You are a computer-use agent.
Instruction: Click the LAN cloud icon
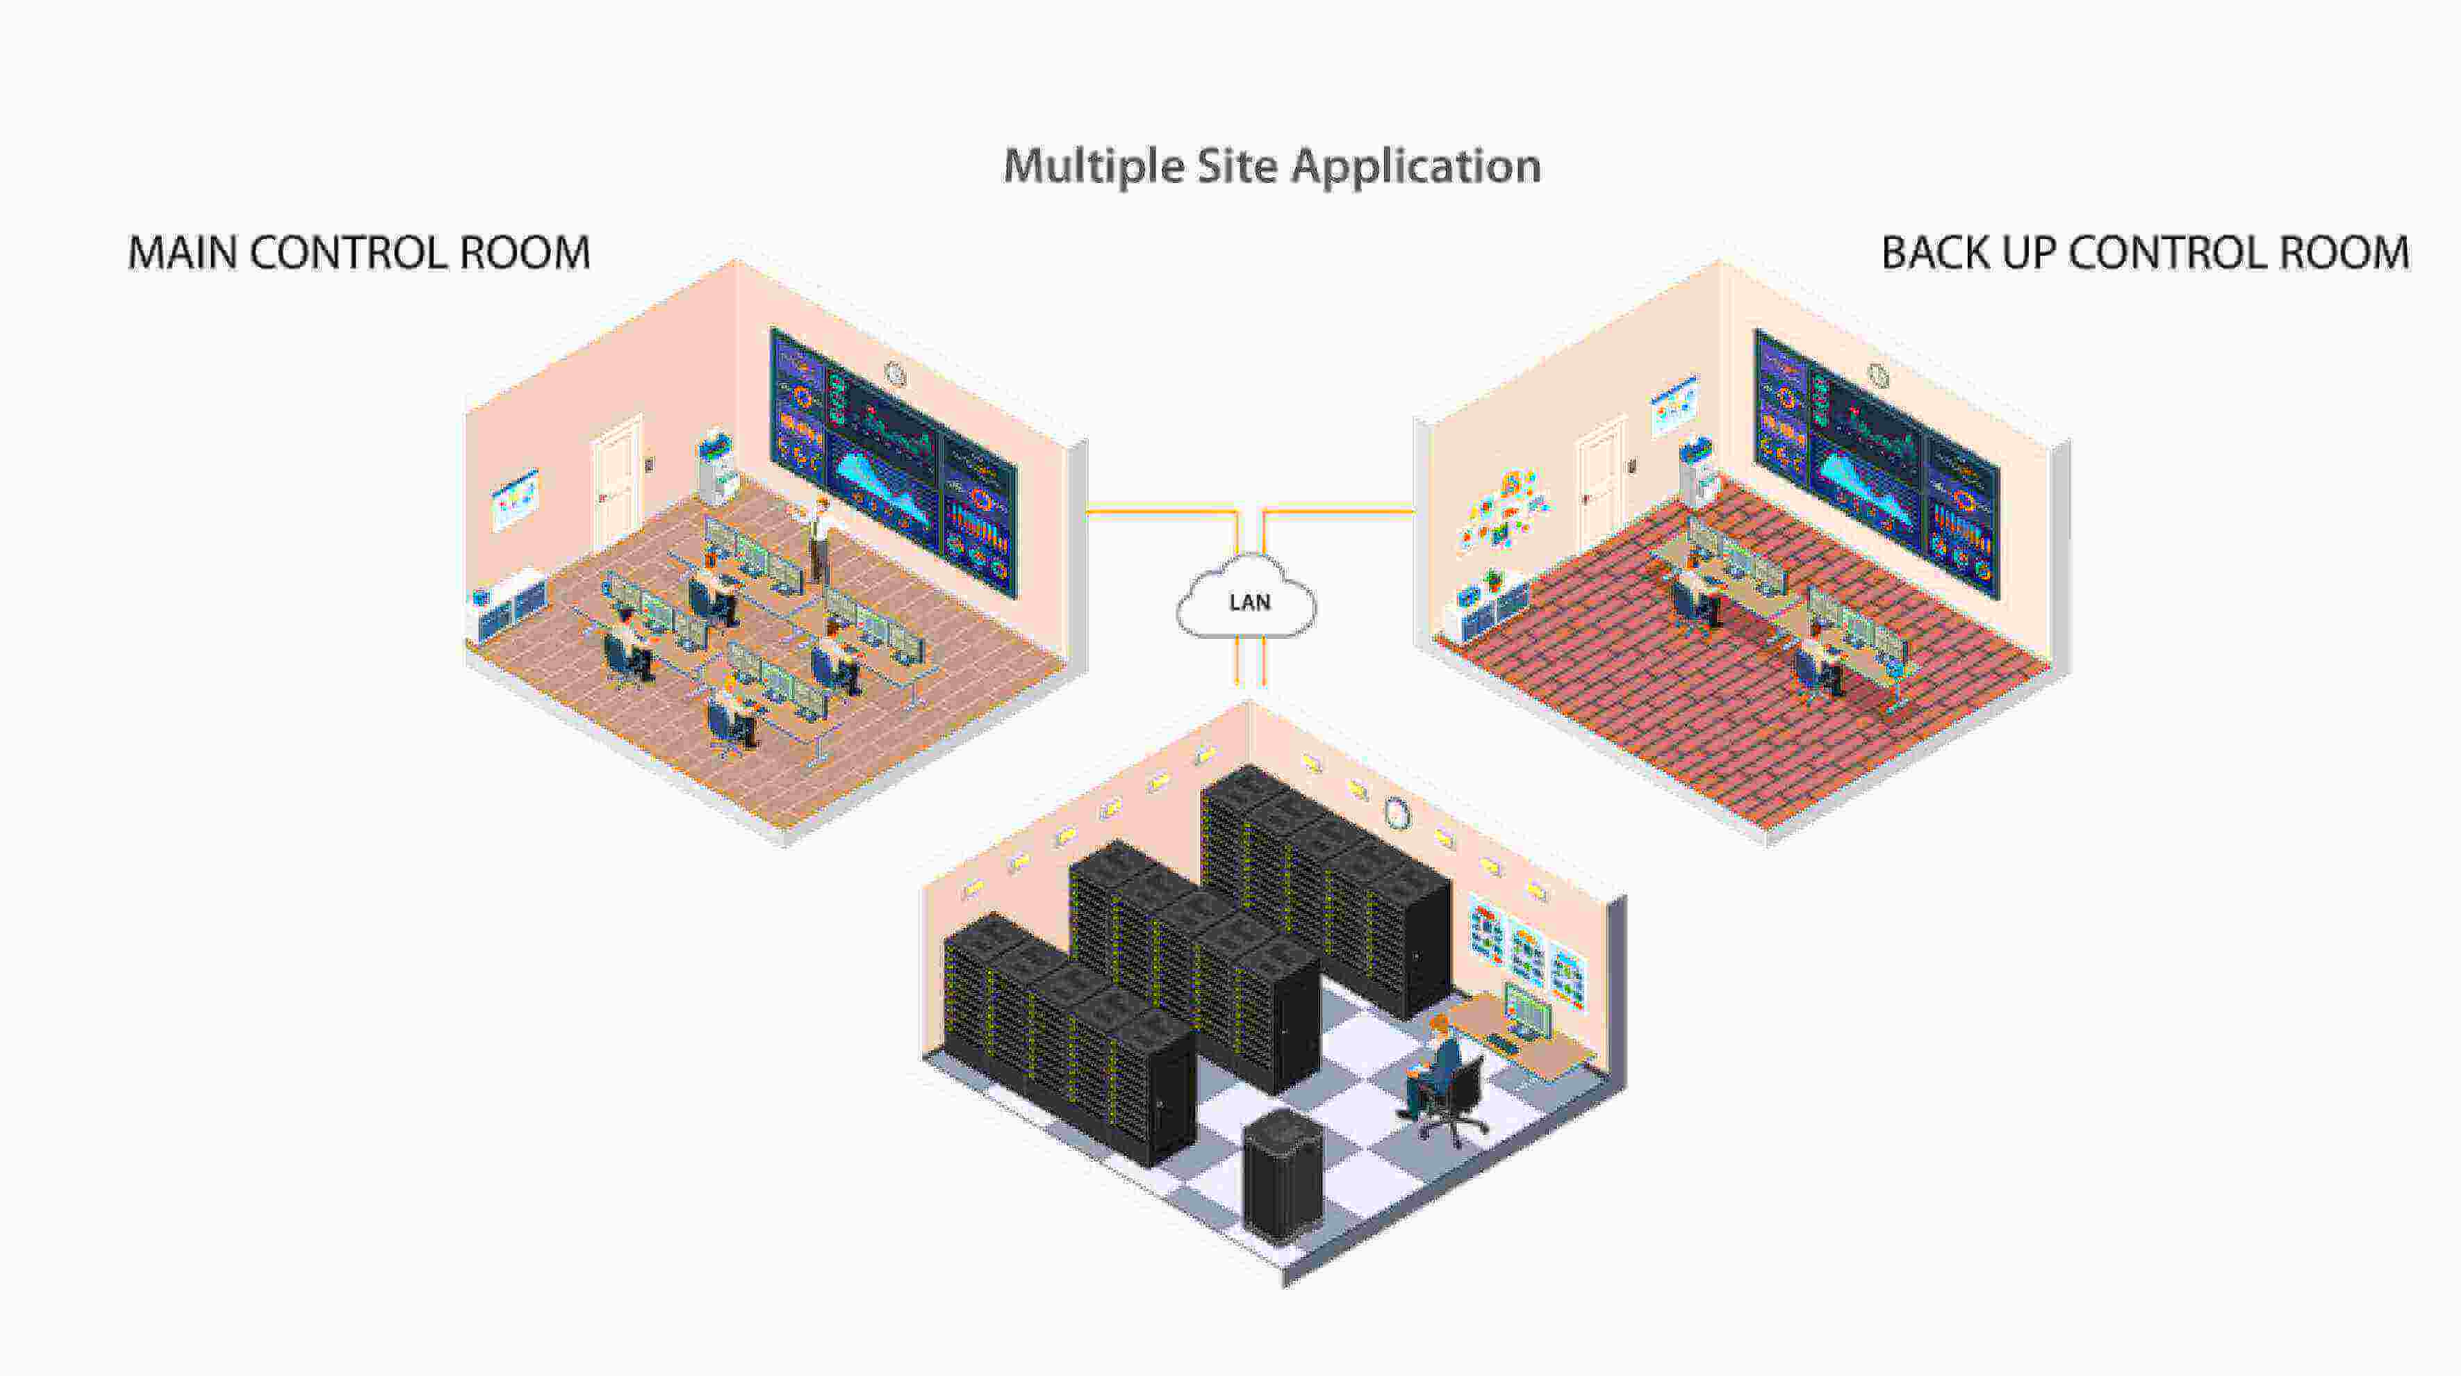pyautogui.click(x=1246, y=600)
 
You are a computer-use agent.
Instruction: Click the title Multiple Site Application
pyautogui.click(x=1271, y=166)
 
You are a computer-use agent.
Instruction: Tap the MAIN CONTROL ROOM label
pyautogui.click(x=359, y=253)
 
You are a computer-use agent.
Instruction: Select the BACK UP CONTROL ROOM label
pyautogui.click(x=2144, y=253)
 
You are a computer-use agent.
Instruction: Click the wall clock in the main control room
pyautogui.click(x=895, y=375)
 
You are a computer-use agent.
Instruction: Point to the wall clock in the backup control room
pyautogui.click(x=1878, y=375)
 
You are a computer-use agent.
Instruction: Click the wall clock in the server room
pyautogui.click(x=1397, y=813)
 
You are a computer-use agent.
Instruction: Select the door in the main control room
pyautogui.click(x=617, y=482)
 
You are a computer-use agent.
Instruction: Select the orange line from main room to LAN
pyautogui.click(x=1161, y=512)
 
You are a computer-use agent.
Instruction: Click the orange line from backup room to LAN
pyautogui.click(x=1337, y=512)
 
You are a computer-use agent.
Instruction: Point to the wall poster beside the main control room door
pyautogui.click(x=515, y=499)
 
